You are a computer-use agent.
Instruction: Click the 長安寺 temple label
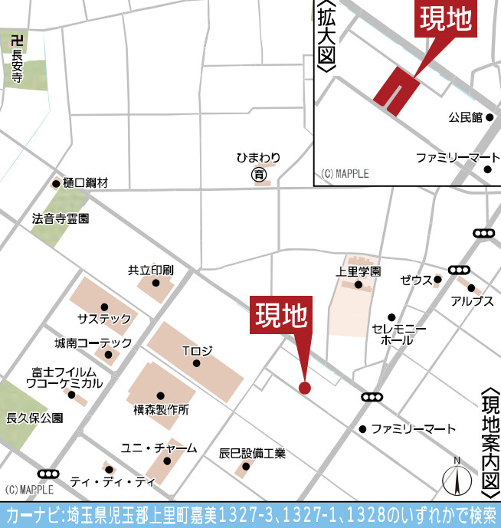[x=17, y=61]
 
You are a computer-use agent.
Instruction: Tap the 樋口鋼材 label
[x=86, y=183]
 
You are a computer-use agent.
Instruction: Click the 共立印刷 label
[x=151, y=271]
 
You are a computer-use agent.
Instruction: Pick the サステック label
[x=104, y=318]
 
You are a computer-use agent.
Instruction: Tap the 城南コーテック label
[x=93, y=343]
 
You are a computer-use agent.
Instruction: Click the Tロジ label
[x=197, y=351]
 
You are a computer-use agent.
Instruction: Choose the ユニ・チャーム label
[x=159, y=448]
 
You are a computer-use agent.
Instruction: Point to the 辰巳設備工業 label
[x=252, y=453]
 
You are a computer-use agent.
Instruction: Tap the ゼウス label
[x=417, y=280]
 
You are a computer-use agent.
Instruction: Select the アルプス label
[x=472, y=300]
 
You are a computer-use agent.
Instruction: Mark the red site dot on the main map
[x=305, y=387]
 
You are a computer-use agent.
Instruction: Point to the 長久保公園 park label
[x=34, y=418]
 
